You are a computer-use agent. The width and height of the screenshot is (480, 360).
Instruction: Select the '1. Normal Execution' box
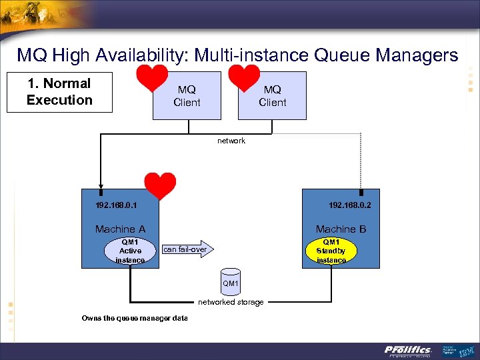(59, 92)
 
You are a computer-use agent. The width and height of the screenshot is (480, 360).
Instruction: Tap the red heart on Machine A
(161, 185)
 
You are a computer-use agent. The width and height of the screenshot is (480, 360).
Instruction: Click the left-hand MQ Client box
(187, 96)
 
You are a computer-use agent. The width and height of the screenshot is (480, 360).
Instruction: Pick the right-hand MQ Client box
(272, 96)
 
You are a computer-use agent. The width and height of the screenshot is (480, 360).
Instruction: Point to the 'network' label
(231, 141)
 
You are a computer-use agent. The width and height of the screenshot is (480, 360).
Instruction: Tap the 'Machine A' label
(120, 229)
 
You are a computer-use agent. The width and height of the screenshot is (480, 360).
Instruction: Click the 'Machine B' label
(341, 229)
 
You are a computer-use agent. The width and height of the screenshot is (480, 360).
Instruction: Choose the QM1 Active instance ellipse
(130, 251)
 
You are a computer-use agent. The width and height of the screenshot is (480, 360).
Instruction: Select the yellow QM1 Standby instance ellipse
(331, 251)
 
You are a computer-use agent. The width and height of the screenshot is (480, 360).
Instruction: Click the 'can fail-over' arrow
(187, 249)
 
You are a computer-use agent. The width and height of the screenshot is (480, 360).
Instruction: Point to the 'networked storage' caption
(231, 302)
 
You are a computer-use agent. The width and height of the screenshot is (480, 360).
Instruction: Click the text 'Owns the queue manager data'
(135, 318)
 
